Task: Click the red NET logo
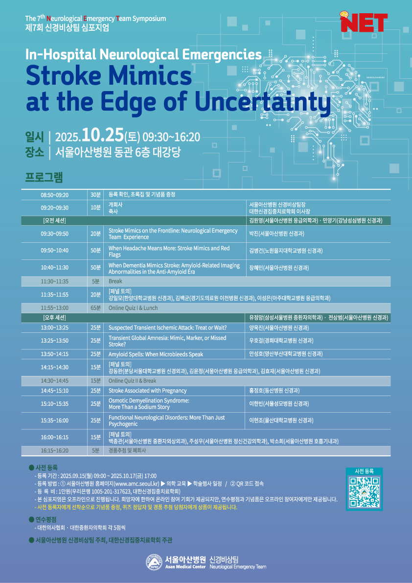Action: click(364, 22)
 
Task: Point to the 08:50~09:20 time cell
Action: click(57, 195)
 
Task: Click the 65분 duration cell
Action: click(96, 308)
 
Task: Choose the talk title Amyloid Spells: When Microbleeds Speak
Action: click(156, 354)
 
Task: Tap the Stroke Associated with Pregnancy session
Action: click(147, 391)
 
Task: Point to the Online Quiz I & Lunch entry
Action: click(133, 308)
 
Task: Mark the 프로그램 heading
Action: click(44, 177)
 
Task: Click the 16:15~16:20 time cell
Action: click(57, 451)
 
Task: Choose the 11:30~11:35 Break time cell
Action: click(57, 281)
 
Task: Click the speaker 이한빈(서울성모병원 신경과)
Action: click(279, 403)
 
